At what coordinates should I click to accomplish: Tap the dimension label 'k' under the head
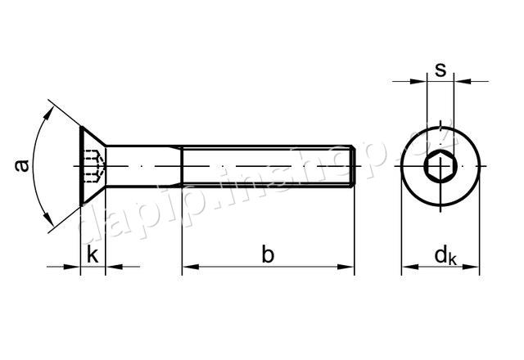tap(93, 254)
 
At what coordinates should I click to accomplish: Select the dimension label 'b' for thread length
tap(268, 254)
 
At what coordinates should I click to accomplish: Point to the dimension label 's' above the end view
tap(440, 70)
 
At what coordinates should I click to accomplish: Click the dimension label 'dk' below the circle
tap(445, 256)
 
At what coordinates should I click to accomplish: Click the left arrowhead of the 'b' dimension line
tap(187, 266)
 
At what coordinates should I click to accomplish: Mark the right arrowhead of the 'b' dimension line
tap(348, 266)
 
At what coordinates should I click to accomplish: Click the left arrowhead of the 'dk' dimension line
tap(407, 266)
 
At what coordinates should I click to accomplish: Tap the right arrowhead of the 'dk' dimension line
tap(475, 266)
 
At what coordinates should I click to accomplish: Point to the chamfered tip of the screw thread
tap(352, 168)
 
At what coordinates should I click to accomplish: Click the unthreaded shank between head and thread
tap(144, 168)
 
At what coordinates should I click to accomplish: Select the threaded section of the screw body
tap(266, 168)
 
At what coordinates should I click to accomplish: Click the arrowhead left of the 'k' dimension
tap(75, 266)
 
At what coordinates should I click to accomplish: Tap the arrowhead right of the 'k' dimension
tap(113, 266)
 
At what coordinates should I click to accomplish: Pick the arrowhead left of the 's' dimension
tap(421, 81)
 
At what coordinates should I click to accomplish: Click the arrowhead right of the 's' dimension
tap(460, 81)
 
